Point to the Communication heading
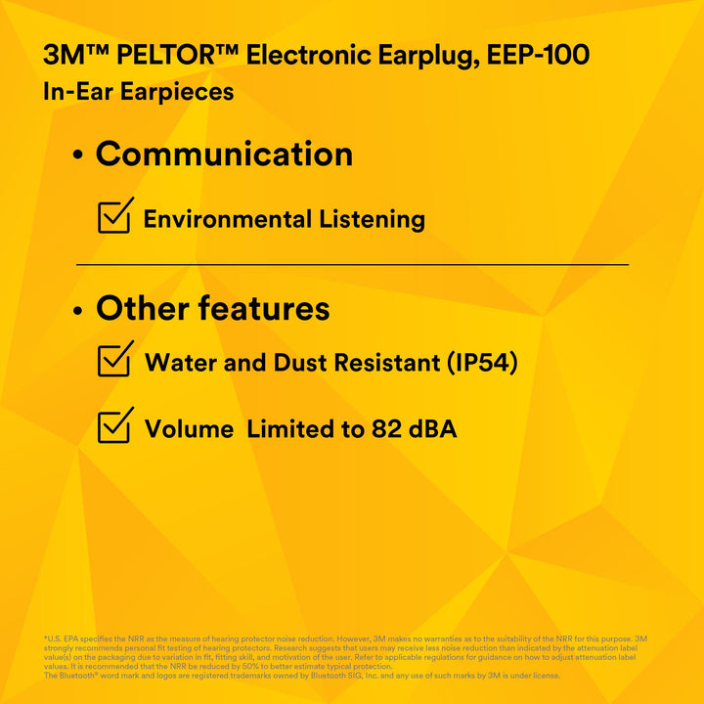point(224,154)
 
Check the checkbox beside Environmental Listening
point(114,216)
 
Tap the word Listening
point(374,219)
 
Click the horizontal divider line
point(352,264)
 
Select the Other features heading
point(212,309)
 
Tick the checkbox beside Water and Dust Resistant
point(114,360)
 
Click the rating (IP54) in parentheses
point(481,363)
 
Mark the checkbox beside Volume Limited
point(114,425)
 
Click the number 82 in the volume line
point(381,429)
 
